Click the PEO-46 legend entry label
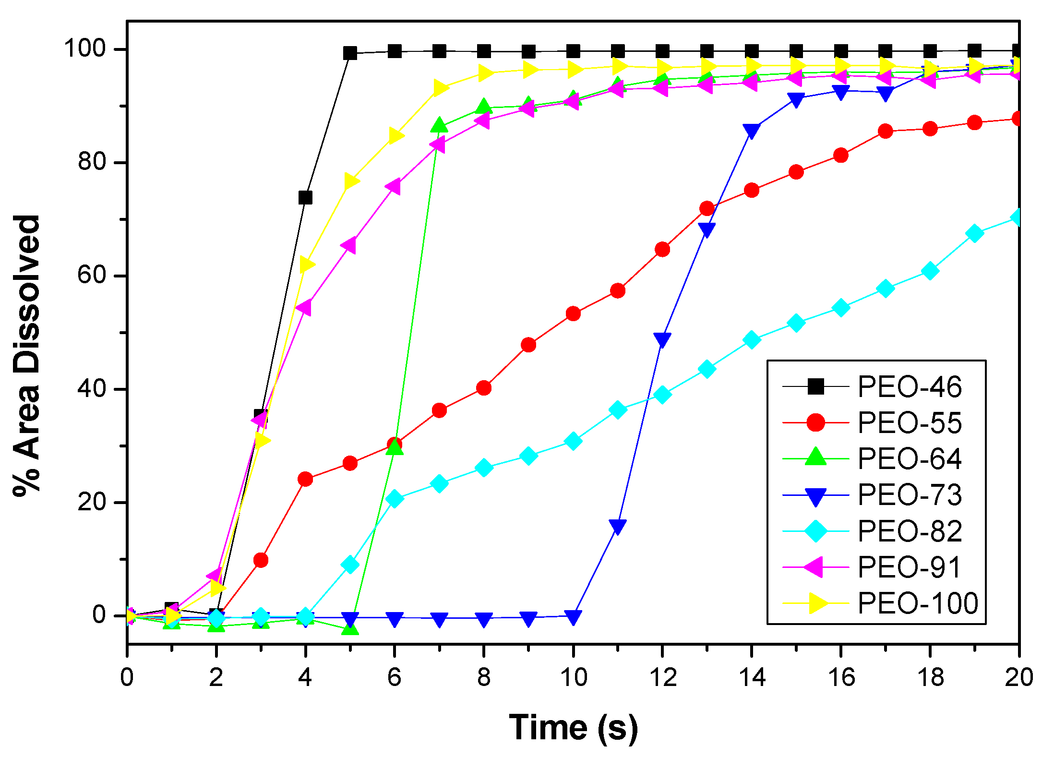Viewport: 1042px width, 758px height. pos(909,387)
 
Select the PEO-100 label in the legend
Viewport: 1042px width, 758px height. pos(918,603)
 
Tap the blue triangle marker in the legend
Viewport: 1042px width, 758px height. pos(815,496)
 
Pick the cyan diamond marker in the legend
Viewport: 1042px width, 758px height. pos(815,531)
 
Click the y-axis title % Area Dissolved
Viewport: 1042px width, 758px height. pos(26,355)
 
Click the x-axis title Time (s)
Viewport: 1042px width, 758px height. pos(573,728)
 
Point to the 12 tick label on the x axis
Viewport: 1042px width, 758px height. pos(662,678)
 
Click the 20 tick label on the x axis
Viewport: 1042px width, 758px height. pos(1018,678)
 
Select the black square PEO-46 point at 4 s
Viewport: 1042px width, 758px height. pos(305,197)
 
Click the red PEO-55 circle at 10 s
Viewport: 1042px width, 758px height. pos(573,314)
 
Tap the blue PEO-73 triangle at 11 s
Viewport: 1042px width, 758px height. pos(618,526)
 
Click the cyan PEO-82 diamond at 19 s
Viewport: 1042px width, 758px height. pos(974,233)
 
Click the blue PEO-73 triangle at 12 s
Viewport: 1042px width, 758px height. pos(662,339)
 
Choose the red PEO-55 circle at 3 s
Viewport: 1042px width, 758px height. pos(261,560)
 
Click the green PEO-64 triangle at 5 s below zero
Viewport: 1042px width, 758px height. pos(350,628)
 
